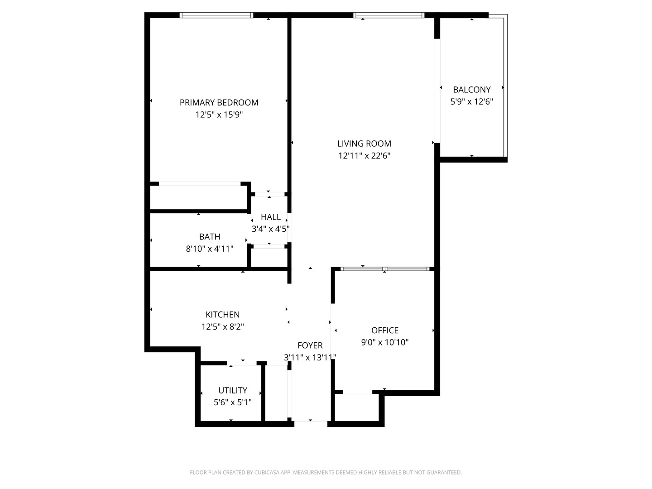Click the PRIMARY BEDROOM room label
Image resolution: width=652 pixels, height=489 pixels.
219,103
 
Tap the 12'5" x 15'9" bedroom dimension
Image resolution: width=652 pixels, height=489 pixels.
219,115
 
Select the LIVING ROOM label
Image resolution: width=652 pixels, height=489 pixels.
364,144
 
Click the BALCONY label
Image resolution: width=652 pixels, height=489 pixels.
472,90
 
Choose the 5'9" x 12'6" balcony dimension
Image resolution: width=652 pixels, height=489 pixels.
472,102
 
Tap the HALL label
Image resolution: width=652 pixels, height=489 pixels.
271,217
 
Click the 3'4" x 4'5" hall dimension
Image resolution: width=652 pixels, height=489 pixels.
271,229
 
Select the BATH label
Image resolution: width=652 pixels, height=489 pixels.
210,236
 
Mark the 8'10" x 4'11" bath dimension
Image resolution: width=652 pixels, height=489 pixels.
210,249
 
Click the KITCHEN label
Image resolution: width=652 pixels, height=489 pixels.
223,315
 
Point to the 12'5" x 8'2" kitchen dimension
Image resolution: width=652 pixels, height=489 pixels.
223,327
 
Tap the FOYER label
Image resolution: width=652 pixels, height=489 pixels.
310,345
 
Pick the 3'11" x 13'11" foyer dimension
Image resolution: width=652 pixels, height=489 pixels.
310,358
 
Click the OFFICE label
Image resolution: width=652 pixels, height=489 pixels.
385,331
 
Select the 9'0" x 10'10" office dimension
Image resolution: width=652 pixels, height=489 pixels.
385,343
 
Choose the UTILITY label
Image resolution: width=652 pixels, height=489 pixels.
233,390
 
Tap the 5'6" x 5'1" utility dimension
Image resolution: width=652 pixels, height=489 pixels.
233,403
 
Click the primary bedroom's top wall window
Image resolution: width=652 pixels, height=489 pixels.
216,15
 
